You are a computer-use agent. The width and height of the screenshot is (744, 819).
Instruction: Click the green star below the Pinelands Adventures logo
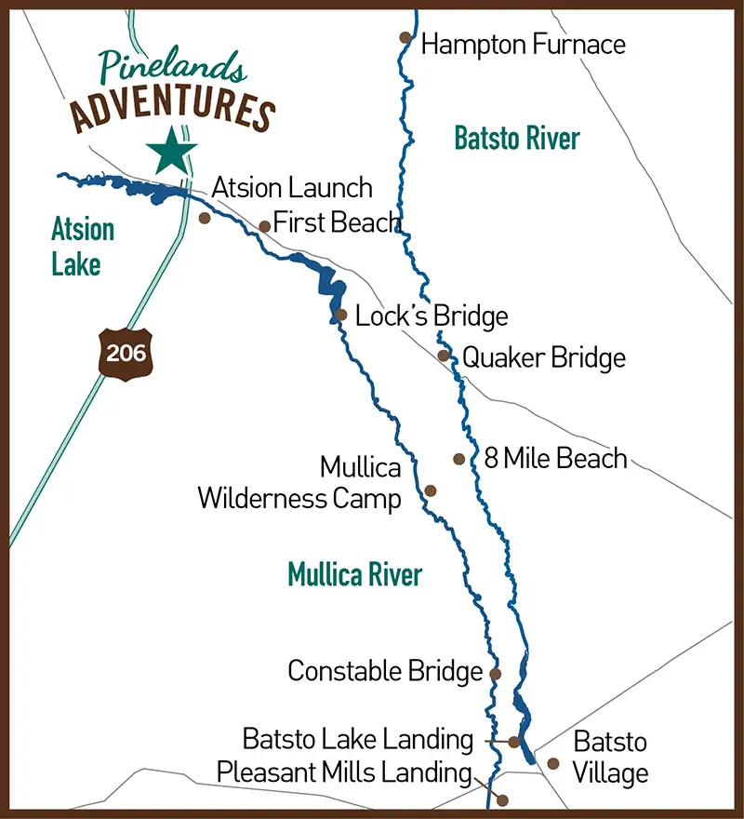click(172, 150)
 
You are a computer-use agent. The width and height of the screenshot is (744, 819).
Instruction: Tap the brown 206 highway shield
click(126, 353)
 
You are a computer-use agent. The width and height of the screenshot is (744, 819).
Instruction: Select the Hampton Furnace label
click(523, 44)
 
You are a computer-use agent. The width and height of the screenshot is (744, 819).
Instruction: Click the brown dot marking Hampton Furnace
click(405, 37)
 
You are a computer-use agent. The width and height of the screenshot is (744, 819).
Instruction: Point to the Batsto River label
click(516, 139)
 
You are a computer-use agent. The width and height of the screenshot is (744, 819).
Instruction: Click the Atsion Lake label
click(83, 247)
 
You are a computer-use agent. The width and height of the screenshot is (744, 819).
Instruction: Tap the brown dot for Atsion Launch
click(205, 218)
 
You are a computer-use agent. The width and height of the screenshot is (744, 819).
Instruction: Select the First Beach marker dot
click(264, 226)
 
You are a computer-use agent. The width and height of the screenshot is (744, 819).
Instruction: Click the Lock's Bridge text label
click(432, 316)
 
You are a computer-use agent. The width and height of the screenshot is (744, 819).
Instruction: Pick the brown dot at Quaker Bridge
click(444, 355)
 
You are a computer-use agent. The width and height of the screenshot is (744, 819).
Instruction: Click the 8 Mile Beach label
click(555, 458)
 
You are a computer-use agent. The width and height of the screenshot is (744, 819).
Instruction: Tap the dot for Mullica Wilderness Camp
click(430, 490)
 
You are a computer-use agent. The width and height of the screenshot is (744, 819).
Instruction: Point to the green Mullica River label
click(354, 574)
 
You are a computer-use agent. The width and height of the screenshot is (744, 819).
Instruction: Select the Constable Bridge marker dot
click(495, 674)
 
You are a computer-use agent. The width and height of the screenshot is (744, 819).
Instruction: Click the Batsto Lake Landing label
click(358, 740)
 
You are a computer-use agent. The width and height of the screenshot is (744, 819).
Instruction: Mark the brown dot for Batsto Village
click(553, 763)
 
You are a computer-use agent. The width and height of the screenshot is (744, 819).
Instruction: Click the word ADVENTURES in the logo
click(173, 110)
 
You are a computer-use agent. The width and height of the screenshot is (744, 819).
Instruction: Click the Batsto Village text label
click(610, 758)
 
